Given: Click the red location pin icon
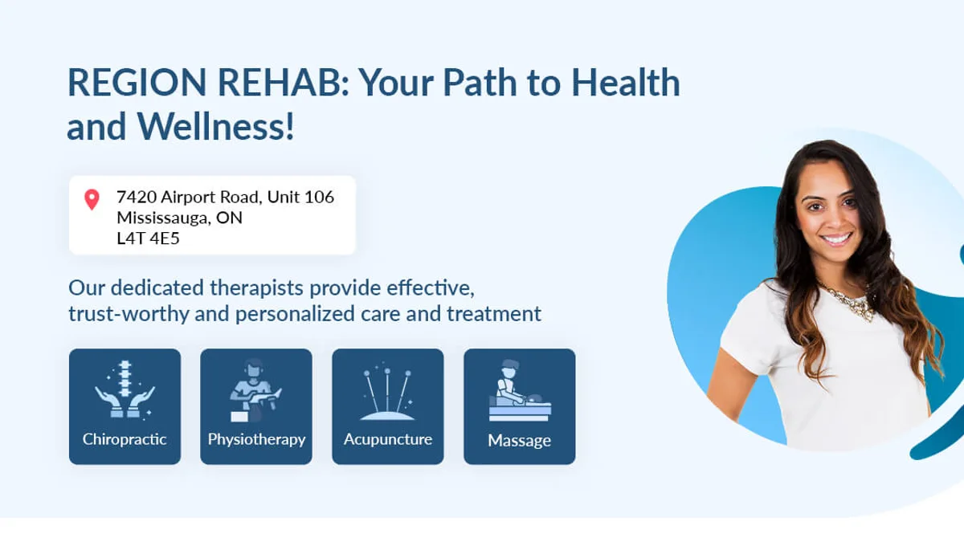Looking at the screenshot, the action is click(92, 199).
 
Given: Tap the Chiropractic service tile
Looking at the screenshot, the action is click(125, 406).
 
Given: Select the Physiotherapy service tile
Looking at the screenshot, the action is click(256, 406).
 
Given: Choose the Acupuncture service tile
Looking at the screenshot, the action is click(388, 406).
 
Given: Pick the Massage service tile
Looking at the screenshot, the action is click(520, 406).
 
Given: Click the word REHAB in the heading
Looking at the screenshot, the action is click(283, 83).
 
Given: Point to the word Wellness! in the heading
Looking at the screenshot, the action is click(215, 127).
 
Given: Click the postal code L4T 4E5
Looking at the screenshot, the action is click(148, 238).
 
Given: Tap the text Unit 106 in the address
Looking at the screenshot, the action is click(300, 197).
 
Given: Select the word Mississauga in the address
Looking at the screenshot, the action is click(162, 218).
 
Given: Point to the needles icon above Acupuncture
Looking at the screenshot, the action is click(387, 392).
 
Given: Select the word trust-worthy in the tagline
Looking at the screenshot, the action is click(129, 314).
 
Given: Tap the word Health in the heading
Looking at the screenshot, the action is click(626, 83).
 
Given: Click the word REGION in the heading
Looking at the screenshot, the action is click(137, 83).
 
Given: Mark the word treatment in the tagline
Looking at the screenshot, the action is click(494, 314).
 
